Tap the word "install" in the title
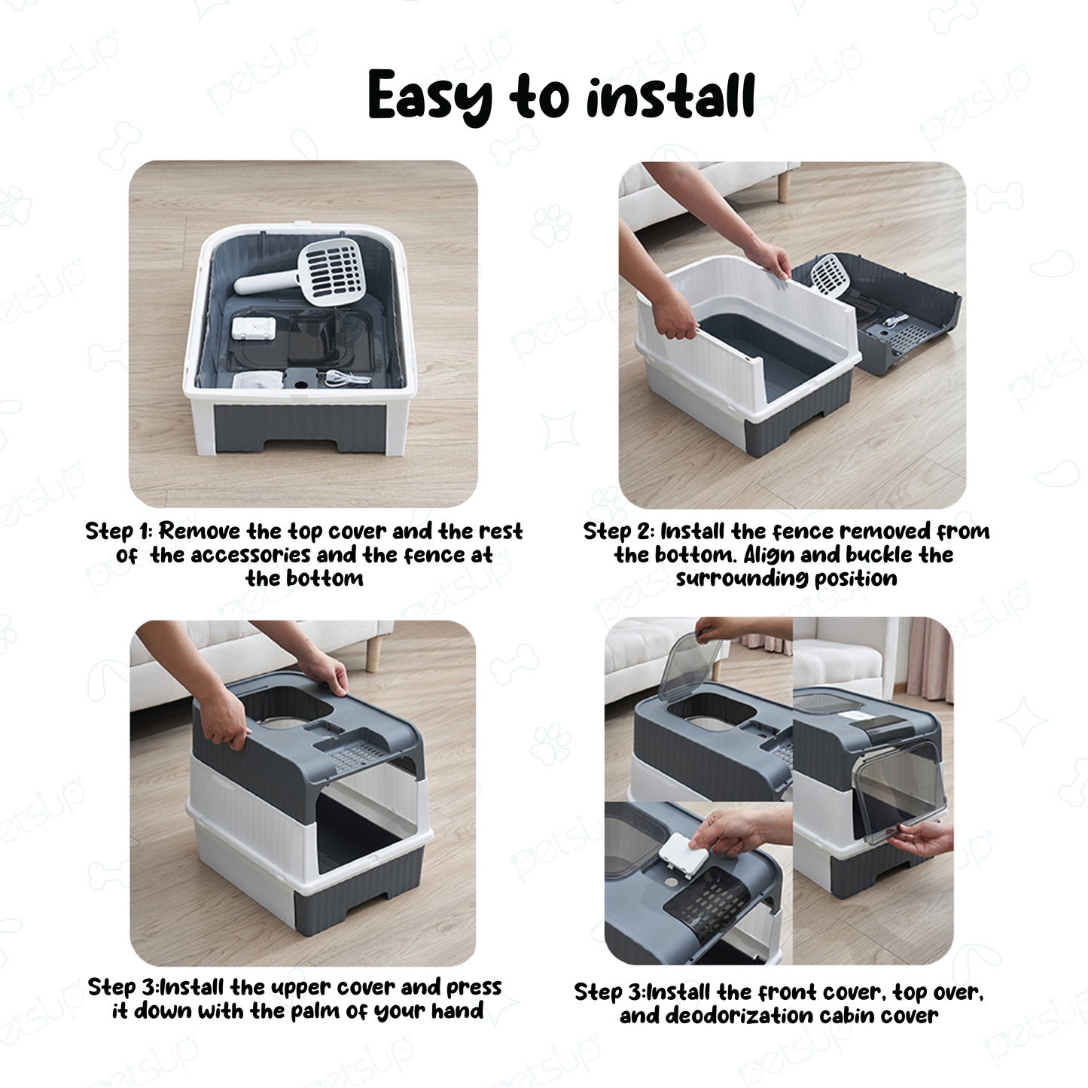[670, 96]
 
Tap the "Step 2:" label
[619, 531]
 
